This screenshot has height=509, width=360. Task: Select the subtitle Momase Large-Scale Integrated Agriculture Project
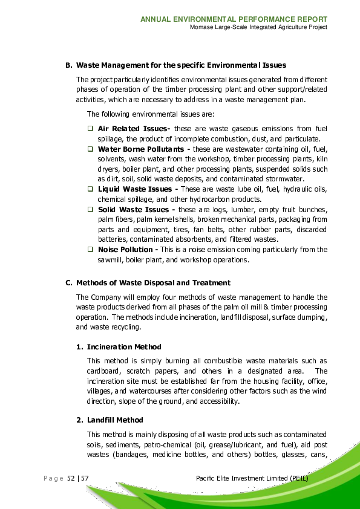point(258,28)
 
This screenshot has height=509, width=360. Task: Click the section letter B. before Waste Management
point(69,65)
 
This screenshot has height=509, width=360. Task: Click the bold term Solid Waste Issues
point(134,209)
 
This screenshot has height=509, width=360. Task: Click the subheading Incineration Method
point(124,347)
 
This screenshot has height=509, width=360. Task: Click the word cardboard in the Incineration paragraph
point(102,371)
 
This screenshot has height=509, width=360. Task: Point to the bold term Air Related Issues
point(134,128)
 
